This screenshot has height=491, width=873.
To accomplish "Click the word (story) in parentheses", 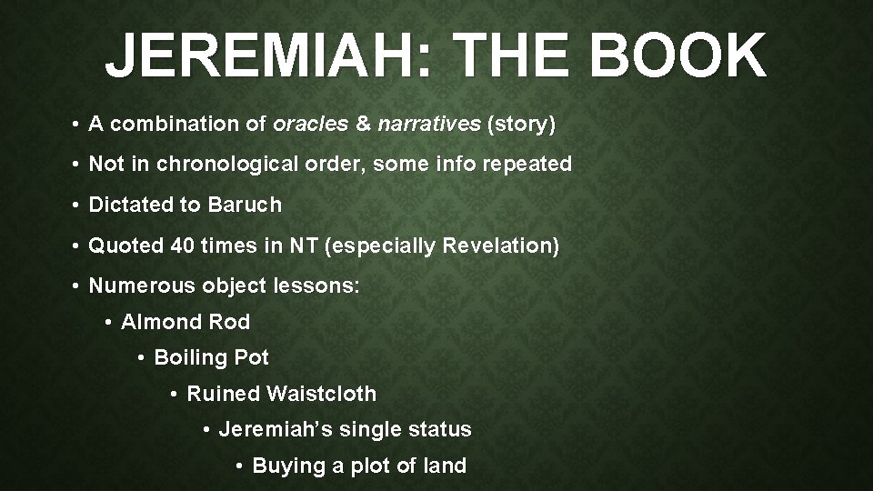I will pyautogui.click(x=521, y=125).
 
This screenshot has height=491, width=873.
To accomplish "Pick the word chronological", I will pyautogui.click(x=230, y=165).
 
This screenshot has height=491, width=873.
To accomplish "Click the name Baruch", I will pyautogui.click(x=245, y=205).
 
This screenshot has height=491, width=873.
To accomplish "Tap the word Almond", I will pyautogui.click(x=157, y=322).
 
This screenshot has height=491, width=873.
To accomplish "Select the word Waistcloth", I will pyautogui.click(x=322, y=394).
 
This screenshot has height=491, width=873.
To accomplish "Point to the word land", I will pyautogui.click(x=445, y=466).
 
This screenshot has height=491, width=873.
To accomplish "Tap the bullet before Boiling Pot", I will pyautogui.click(x=141, y=358).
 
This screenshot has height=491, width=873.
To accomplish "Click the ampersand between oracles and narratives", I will pyautogui.click(x=364, y=125).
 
